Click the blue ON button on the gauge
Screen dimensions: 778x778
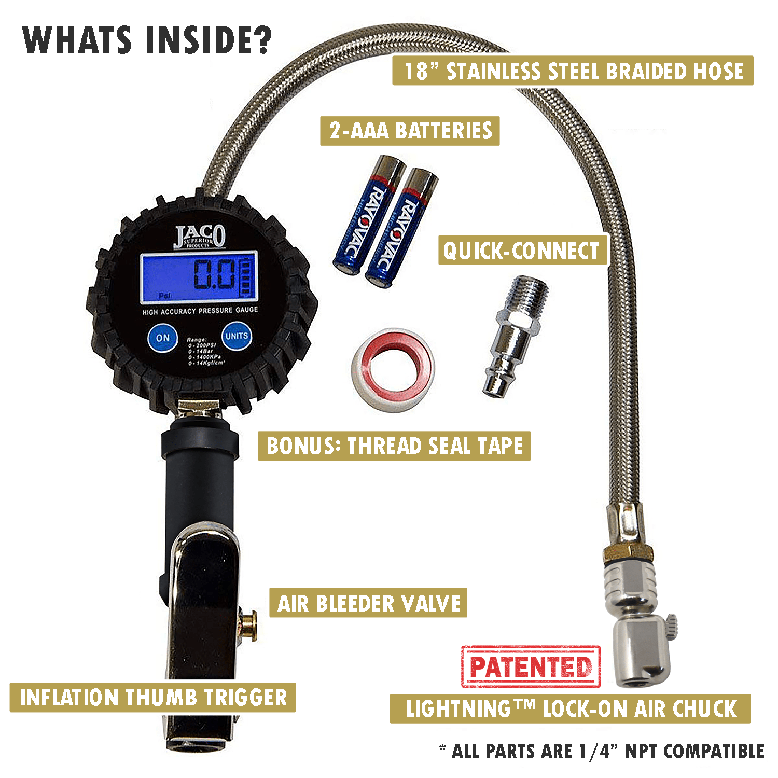tap(162, 338)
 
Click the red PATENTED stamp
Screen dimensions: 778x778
tap(531, 666)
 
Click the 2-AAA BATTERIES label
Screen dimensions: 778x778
tap(410, 131)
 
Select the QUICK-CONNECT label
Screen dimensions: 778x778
tap(522, 251)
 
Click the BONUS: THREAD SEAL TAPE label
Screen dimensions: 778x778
tap(394, 446)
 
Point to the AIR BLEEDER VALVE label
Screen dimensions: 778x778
tap(368, 603)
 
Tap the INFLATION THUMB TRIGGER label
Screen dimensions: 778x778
tap(153, 698)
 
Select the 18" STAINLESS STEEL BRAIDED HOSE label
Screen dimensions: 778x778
tap(573, 71)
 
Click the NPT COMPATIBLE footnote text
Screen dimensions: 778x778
tap(602, 751)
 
